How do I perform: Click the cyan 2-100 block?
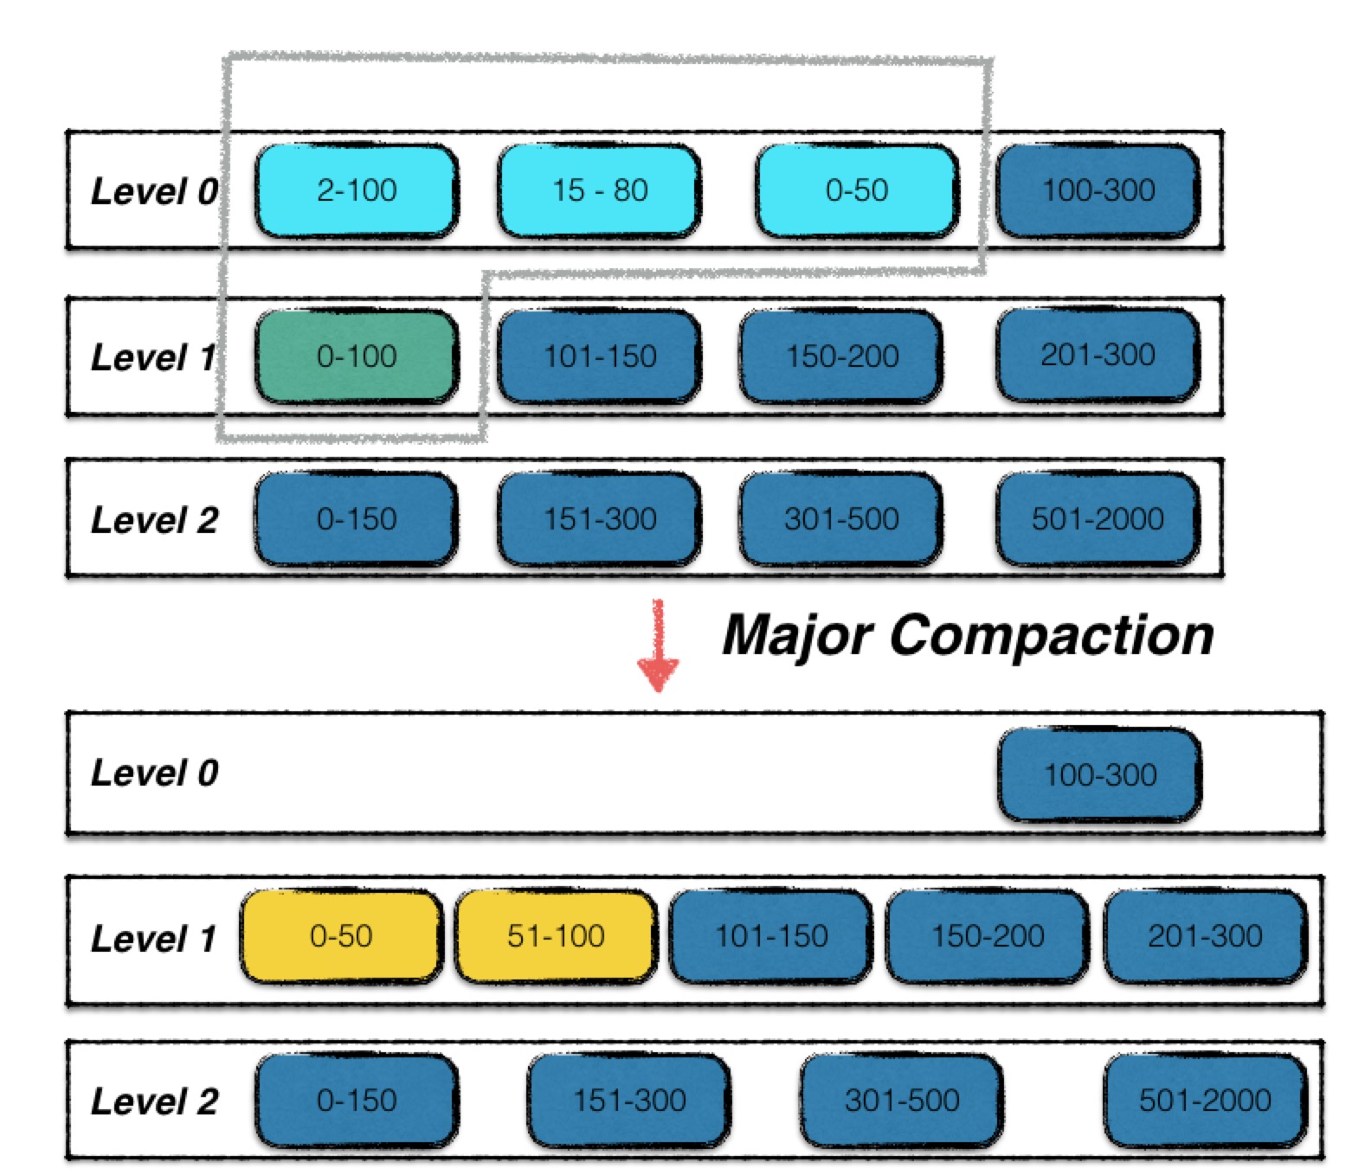click(x=356, y=190)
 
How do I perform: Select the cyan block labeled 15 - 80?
click(x=599, y=190)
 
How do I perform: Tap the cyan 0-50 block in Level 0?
click(x=856, y=190)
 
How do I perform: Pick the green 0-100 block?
click(x=356, y=356)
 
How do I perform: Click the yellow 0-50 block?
click(x=341, y=936)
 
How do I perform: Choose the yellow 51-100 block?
click(x=556, y=936)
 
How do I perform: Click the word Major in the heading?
click(x=796, y=636)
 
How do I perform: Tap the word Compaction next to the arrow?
click(x=1051, y=636)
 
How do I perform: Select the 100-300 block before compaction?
click(x=1098, y=190)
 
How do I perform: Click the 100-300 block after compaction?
click(x=1099, y=774)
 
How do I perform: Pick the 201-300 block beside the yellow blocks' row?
click(x=1205, y=936)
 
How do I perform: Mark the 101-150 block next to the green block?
click(x=599, y=356)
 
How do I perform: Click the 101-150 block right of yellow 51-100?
click(x=770, y=936)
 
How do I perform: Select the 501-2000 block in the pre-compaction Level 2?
click(x=1098, y=518)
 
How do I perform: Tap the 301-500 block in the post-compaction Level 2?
click(x=901, y=1101)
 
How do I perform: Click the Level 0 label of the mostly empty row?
click(x=154, y=773)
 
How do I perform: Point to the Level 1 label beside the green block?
click(x=152, y=356)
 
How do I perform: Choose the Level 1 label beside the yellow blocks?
click(x=152, y=938)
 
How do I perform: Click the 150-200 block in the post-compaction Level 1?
click(x=987, y=936)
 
